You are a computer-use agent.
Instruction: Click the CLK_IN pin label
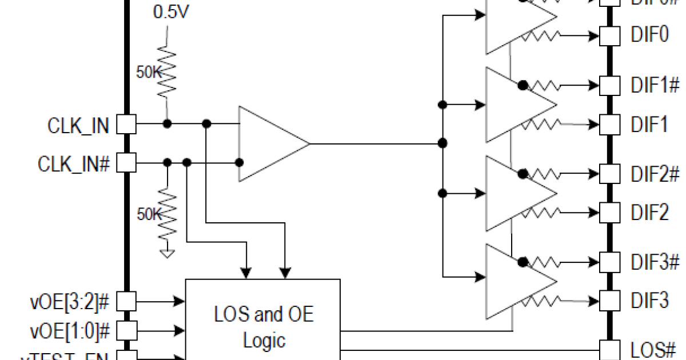click(x=78, y=125)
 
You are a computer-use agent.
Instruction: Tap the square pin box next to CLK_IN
click(x=126, y=124)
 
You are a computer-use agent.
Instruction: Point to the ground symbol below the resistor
click(x=167, y=253)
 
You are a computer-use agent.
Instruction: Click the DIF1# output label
click(x=655, y=86)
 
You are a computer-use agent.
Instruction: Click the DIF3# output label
click(x=655, y=262)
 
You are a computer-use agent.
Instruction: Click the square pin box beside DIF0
click(x=610, y=36)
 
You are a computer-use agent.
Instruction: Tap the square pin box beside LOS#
click(x=610, y=349)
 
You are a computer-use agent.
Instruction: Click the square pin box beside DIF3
click(x=610, y=299)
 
